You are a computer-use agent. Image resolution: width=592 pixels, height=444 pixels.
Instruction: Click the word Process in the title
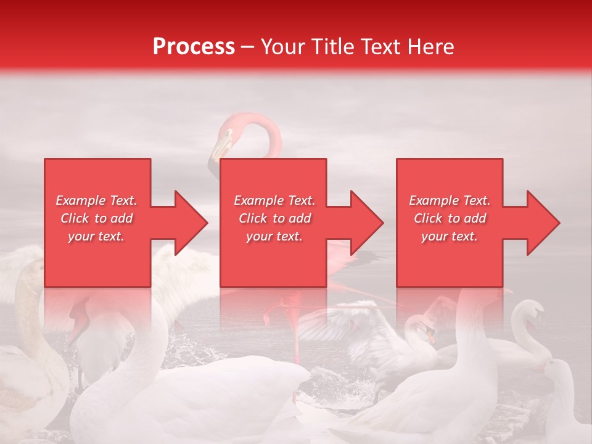pyautogui.click(x=194, y=47)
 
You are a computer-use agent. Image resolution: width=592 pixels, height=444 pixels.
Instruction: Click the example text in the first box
pyautogui.click(x=96, y=218)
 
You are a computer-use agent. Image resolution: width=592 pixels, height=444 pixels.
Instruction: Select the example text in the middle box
pyautogui.click(x=274, y=218)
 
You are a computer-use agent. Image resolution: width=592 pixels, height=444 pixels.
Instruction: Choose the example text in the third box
pyautogui.click(x=450, y=218)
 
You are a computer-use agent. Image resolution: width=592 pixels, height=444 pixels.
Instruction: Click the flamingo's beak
pyautogui.click(x=220, y=148)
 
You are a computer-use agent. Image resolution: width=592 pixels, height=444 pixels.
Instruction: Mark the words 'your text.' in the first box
pyautogui.click(x=96, y=236)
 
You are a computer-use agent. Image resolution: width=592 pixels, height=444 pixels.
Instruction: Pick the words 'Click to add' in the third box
pyautogui.click(x=450, y=218)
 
